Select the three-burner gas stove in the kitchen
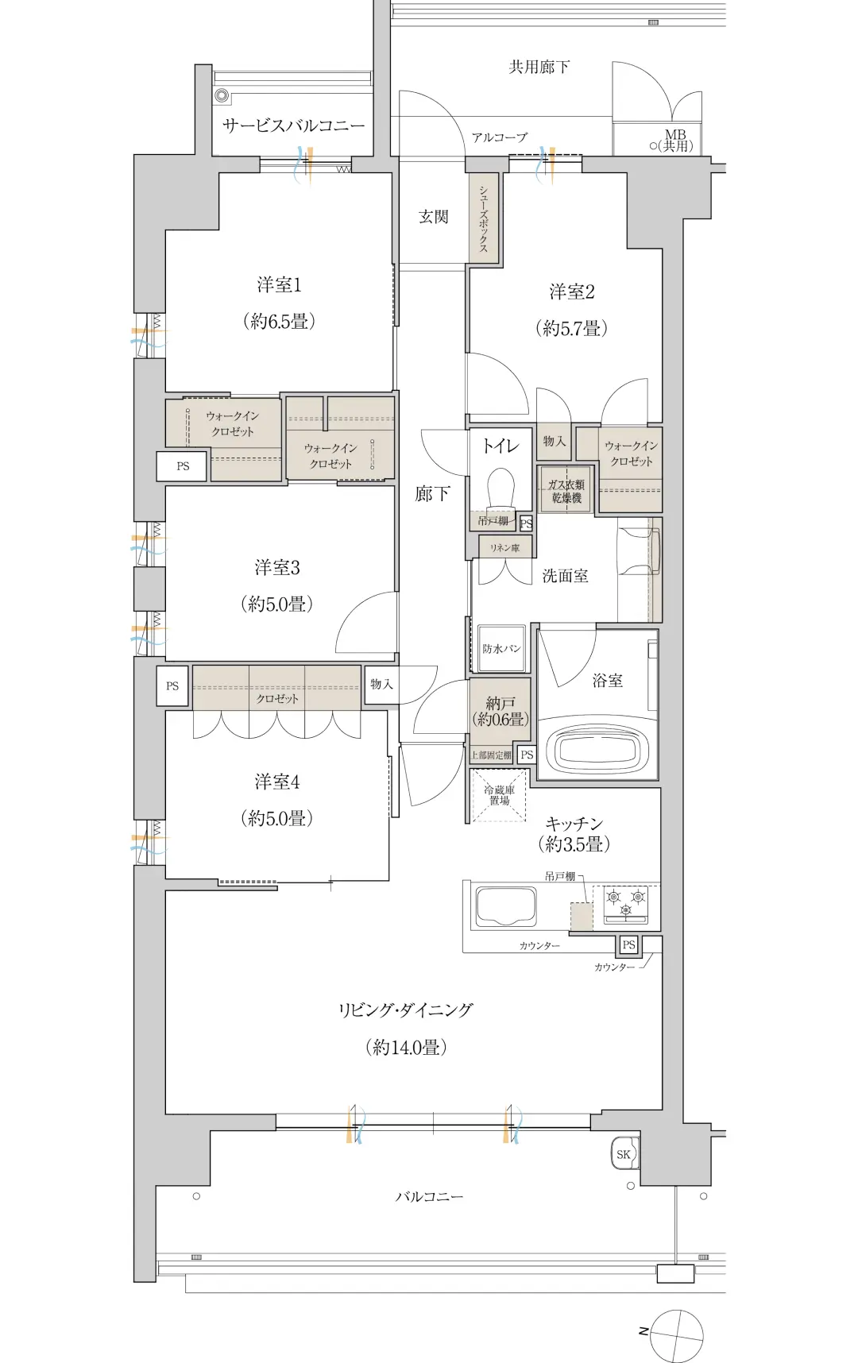coord(626,905)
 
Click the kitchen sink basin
coord(504,906)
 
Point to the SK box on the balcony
coord(624,1154)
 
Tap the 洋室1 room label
coord(279,284)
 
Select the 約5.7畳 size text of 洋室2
coord(571,328)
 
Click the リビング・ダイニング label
coord(405,1010)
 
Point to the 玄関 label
coord(433,217)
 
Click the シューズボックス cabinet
coord(483,218)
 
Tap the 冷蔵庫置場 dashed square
coord(499,795)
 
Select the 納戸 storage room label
coord(500,704)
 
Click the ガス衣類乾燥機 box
coord(566,491)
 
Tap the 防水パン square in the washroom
coord(501,649)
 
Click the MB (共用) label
coord(674,141)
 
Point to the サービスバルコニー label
coord(293,125)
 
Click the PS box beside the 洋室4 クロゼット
coord(172,686)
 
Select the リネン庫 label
coord(504,548)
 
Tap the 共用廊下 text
coord(539,68)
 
